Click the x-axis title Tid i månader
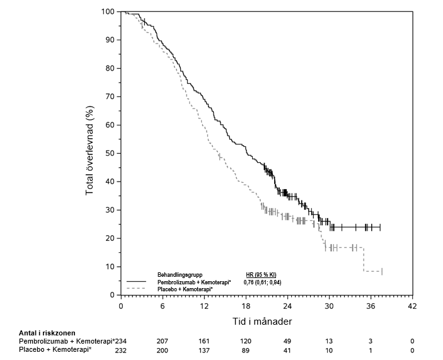pyautogui.click(x=266, y=321)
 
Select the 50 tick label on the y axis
pyautogui.click(x=110, y=153)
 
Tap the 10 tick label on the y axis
pyautogui.click(x=110, y=267)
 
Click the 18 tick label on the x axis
pyautogui.click(x=246, y=306)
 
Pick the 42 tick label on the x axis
pyautogui.click(x=412, y=306)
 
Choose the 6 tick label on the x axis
pyautogui.click(x=163, y=306)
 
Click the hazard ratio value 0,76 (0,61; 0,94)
pyautogui.click(x=262, y=282)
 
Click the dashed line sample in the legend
pyautogui.click(x=137, y=289)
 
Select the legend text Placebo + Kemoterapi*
pyautogui.click(x=185, y=289)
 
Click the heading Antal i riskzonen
pyautogui.click(x=47, y=332)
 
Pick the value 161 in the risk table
pyautogui.click(x=204, y=341)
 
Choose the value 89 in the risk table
pyautogui.click(x=246, y=349)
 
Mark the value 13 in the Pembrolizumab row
pyautogui.click(x=329, y=341)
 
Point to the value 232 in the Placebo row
pyautogui.click(x=121, y=349)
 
